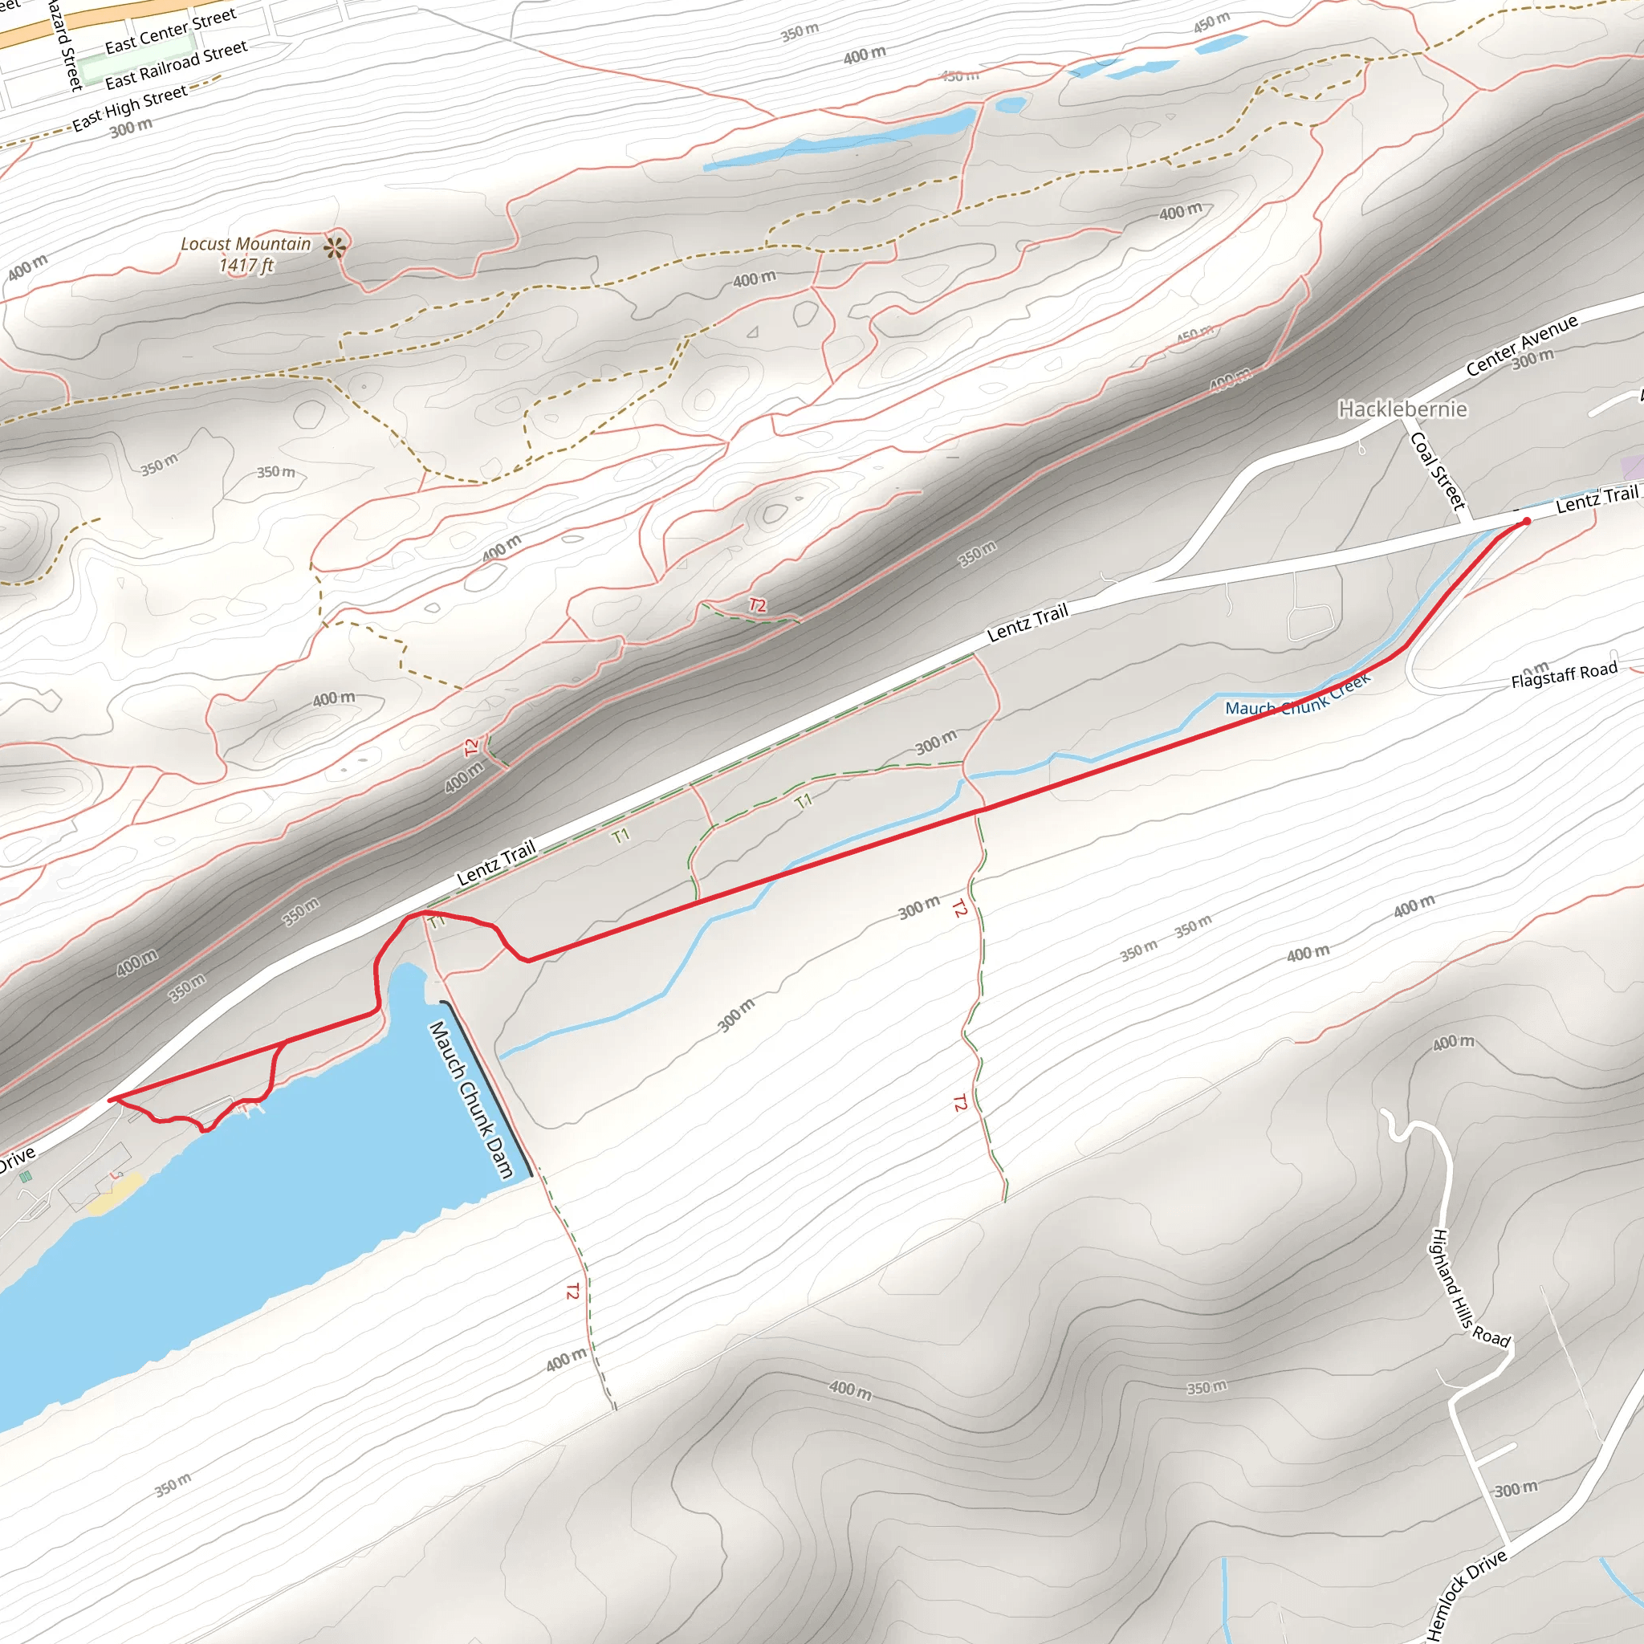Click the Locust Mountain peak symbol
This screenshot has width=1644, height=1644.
(336, 247)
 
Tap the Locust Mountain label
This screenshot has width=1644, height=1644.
(246, 244)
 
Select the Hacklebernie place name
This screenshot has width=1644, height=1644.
(1402, 409)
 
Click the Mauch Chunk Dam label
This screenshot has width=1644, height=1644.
(471, 1100)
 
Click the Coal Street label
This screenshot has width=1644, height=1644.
(1438, 470)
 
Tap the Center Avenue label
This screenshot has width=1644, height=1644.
(1521, 344)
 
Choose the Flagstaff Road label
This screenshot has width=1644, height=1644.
(1564, 675)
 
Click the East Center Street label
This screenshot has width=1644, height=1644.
(170, 31)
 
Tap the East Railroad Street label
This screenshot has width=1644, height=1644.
(176, 65)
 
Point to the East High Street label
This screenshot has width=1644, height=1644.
(129, 108)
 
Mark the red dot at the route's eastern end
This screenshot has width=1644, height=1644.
(1527, 521)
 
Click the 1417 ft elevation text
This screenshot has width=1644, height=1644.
(246, 266)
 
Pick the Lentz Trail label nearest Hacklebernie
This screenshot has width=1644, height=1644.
(1597, 498)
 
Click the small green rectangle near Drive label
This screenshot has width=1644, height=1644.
(26, 1177)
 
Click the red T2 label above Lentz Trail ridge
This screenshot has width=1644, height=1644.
(756, 605)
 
